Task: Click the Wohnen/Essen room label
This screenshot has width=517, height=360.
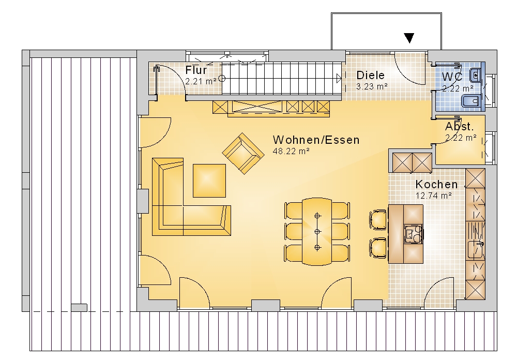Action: (x=316, y=140)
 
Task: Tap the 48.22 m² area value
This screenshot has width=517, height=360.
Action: (x=291, y=151)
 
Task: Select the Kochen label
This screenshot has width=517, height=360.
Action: (x=436, y=184)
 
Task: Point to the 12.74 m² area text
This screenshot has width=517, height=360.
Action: (x=433, y=196)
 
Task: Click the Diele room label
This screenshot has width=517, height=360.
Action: (x=370, y=75)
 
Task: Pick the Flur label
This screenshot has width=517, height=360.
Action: (x=196, y=70)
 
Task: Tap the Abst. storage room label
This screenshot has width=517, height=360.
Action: (x=459, y=126)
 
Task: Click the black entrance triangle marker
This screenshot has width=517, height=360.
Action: (x=409, y=38)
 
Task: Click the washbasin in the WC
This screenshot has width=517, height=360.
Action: (x=476, y=76)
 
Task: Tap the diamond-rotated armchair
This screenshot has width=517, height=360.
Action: (x=244, y=154)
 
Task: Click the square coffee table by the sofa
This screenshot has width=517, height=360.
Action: (x=209, y=181)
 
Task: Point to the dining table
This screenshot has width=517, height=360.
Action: (x=317, y=231)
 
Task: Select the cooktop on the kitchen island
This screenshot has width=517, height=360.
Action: (x=414, y=234)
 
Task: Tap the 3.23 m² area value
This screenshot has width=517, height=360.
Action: (x=372, y=86)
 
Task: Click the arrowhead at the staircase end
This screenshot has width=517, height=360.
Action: (x=339, y=79)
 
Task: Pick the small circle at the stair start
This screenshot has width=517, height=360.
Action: (x=222, y=79)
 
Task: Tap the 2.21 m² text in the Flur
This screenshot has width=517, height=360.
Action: (x=201, y=81)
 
